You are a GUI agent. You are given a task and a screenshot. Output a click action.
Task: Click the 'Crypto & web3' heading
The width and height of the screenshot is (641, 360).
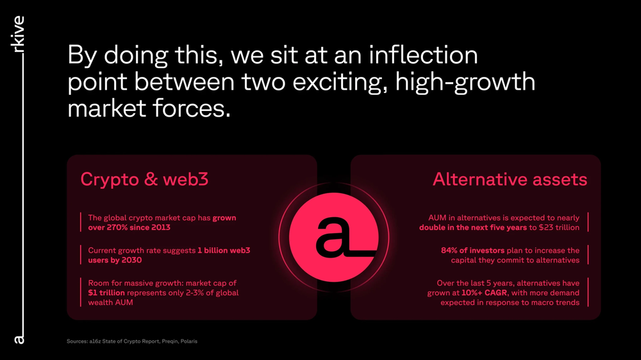[x=144, y=179]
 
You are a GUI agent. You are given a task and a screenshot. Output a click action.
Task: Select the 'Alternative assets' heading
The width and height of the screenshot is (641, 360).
[x=510, y=179]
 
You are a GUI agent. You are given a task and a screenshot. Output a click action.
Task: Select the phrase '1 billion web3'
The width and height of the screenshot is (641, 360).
[x=224, y=250]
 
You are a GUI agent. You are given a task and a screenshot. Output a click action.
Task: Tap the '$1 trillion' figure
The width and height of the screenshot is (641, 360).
[x=106, y=293]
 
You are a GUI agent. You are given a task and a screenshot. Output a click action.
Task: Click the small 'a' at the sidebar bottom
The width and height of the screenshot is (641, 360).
[x=19, y=338]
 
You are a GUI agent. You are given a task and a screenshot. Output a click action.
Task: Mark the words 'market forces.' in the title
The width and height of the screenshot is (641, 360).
[x=149, y=108]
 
